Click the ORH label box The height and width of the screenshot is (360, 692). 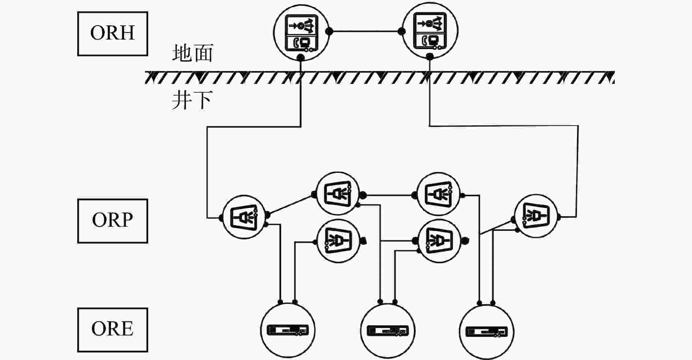(112, 34)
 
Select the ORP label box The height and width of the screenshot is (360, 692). (112, 221)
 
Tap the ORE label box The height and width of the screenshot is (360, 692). (112, 330)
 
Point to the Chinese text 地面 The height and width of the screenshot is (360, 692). (193, 53)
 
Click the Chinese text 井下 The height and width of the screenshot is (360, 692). (192, 100)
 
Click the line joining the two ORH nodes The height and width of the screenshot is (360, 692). (365, 31)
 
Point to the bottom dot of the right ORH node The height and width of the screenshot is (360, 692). (430, 56)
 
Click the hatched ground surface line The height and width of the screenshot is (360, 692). (380, 77)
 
